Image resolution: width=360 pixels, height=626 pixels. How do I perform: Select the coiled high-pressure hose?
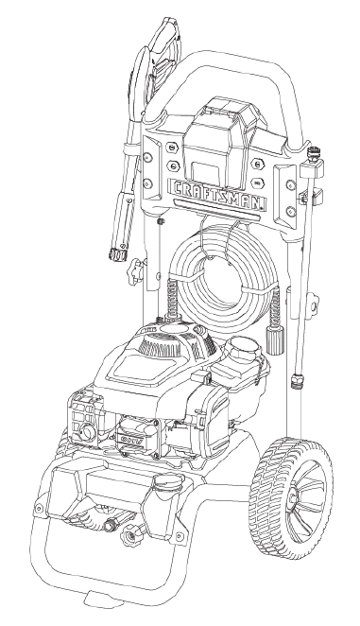click(218, 270)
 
